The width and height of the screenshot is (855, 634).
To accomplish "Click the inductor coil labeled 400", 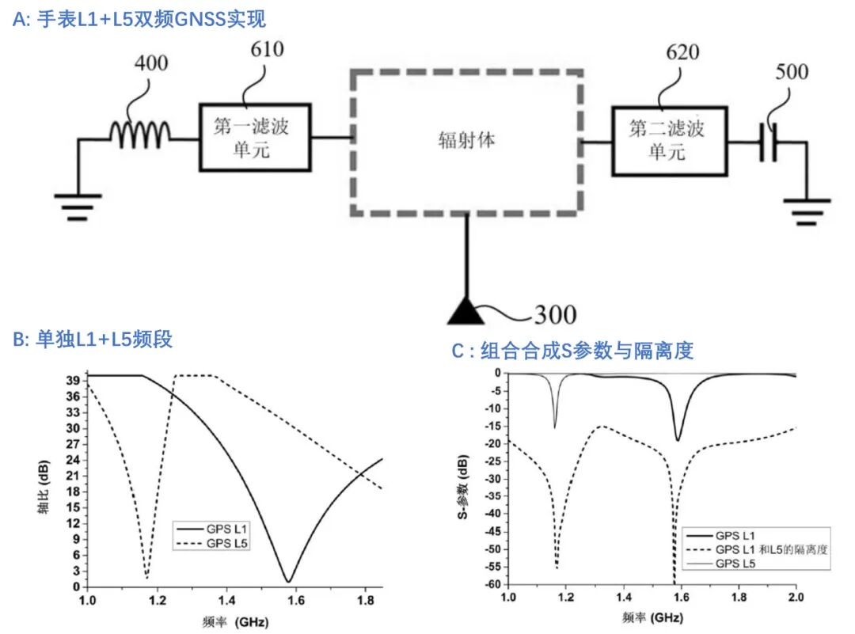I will pos(140,135).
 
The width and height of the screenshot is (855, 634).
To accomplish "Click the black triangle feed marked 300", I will pos(465,313).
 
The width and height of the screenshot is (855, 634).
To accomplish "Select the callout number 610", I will pos(267,49).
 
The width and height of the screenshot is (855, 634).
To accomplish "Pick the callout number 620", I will pos(682,52).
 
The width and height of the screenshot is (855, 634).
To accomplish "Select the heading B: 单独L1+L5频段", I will pos(93,340).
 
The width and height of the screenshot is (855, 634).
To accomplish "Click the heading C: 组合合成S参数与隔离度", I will pos(572,351).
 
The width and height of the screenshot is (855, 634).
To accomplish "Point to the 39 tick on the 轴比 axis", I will pos(73,381).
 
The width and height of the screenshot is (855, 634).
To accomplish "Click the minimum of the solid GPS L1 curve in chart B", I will pos(288,581).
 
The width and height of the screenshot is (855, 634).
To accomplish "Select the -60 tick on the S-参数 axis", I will pos(492,584).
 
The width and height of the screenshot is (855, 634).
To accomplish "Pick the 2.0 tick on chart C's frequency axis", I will pos(796,597).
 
